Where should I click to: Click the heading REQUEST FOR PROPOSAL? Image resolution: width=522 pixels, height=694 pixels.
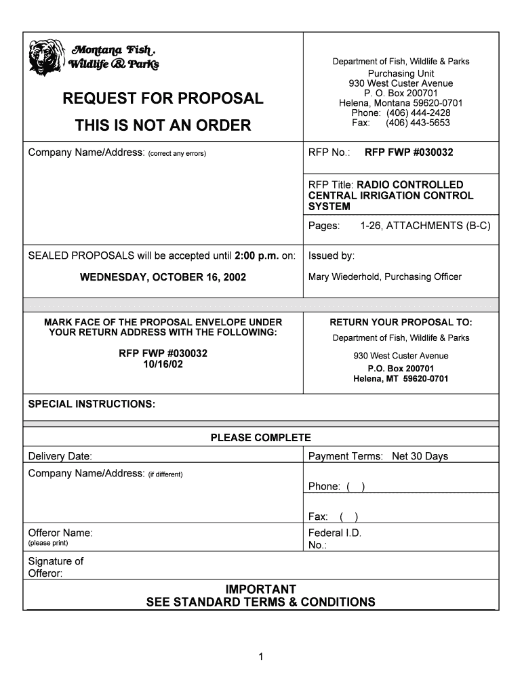[163, 99]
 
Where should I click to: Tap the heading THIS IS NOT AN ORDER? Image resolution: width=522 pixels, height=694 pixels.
[163, 125]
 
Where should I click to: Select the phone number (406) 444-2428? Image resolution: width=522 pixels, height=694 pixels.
[418, 113]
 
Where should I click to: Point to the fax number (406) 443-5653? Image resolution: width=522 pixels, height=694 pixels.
[418, 123]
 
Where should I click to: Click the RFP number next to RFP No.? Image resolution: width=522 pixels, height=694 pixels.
[409, 152]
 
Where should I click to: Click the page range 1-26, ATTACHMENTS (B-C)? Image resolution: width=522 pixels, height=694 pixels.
[425, 226]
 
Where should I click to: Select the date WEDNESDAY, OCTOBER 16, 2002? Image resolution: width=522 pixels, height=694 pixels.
[163, 277]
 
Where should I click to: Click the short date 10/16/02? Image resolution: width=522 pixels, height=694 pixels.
[163, 364]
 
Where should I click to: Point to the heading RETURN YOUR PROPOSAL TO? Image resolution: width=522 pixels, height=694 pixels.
[401, 322]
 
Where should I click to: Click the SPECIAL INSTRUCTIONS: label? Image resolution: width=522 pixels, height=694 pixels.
[92, 405]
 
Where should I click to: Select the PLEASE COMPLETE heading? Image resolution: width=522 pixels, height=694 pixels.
[260, 438]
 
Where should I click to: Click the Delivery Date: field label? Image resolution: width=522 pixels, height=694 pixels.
[60, 456]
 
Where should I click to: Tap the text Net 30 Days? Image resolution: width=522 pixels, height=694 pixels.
[420, 456]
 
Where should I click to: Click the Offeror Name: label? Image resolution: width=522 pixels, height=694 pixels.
[60, 533]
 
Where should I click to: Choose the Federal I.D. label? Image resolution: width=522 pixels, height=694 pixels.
[335, 533]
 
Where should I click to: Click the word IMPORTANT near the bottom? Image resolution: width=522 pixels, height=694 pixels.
[260, 590]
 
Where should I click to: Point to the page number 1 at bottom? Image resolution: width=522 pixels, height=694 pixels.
[261, 656]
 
